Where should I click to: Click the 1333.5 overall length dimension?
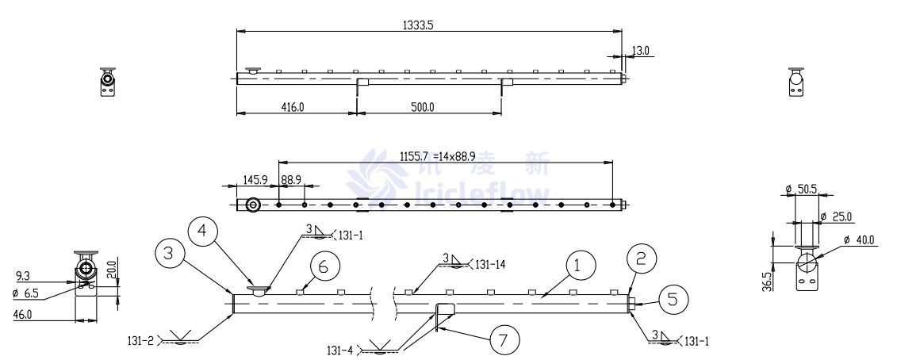418,25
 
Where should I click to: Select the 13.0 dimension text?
640,51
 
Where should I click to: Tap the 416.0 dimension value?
293,106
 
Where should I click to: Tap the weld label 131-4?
340,349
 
